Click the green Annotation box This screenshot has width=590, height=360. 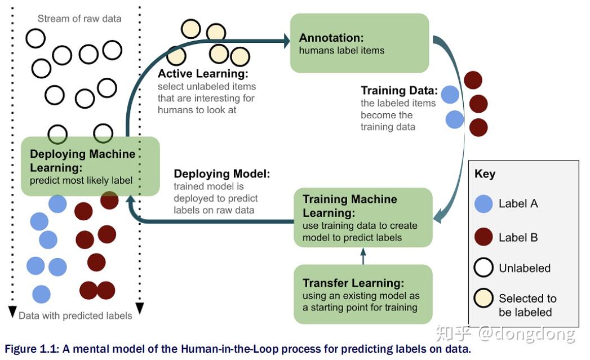tap(360, 43)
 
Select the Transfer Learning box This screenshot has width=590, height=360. tap(363, 294)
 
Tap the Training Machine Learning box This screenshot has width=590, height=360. tap(363, 217)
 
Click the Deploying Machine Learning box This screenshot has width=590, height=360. tap(90, 166)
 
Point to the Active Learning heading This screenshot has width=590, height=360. tap(203, 73)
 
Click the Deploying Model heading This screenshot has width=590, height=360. tap(221, 174)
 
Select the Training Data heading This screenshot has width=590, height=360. tap(399, 90)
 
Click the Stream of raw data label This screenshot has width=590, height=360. tap(79, 19)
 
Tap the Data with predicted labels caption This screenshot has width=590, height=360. tap(76, 315)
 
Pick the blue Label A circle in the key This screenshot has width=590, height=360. tap(483, 204)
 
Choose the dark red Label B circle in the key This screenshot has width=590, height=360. tap(483, 237)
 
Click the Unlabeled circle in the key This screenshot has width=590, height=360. tap(483, 268)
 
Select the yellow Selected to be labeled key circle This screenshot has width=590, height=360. tap(483, 298)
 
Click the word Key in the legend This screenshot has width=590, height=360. tap(485, 174)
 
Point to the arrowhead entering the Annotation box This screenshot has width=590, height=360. tap(287, 41)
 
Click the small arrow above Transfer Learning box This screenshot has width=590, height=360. tap(363, 256)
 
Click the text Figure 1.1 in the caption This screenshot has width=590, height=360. tap(32, 349)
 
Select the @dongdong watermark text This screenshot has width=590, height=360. tap(527, 334)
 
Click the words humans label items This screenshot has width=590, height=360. tap(341, 50)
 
